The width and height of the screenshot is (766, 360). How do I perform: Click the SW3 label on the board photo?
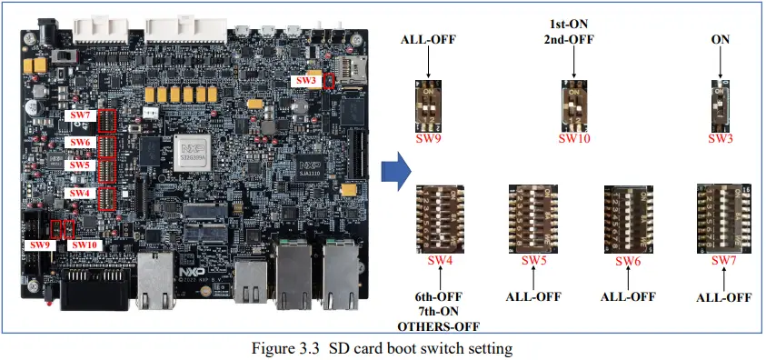304,80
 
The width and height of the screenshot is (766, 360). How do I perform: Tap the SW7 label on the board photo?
81,116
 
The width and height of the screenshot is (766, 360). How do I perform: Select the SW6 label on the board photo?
81,144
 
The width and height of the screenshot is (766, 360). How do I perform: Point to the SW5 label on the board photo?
81,165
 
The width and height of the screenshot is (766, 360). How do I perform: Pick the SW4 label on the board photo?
81,193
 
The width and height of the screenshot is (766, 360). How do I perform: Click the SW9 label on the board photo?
39,245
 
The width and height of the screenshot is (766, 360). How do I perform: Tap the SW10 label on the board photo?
84,245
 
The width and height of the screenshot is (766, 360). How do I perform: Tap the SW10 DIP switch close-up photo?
574,105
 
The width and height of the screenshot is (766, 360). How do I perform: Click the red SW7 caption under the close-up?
723,262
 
